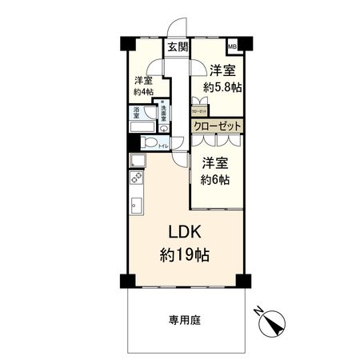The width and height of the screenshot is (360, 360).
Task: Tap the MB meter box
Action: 233,46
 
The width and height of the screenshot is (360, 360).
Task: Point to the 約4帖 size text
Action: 143,92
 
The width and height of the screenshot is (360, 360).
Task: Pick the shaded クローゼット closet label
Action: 217,126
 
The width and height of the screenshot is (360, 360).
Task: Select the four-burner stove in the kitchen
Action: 135,178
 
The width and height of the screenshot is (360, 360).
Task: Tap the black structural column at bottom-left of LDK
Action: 126,281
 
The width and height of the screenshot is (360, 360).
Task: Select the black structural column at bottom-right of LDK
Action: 243,281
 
